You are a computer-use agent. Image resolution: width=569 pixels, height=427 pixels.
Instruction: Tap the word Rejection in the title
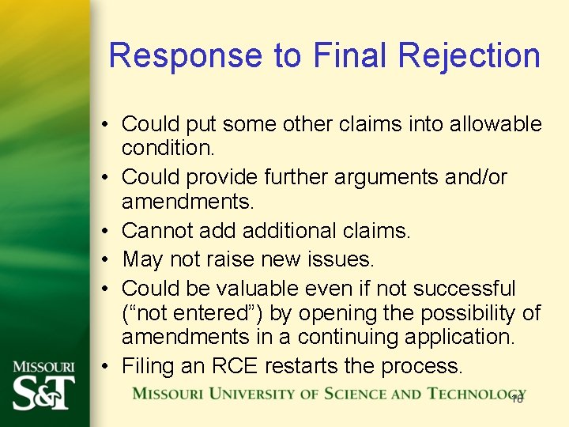pos(469,56)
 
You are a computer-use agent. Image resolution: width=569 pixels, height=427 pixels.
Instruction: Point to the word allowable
pos(496,124)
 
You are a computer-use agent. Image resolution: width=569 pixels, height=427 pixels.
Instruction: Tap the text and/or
pos(477,177)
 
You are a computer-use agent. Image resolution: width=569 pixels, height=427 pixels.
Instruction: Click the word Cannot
pos(160,231)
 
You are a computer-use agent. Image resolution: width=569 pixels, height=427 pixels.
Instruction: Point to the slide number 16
pos(518,399)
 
